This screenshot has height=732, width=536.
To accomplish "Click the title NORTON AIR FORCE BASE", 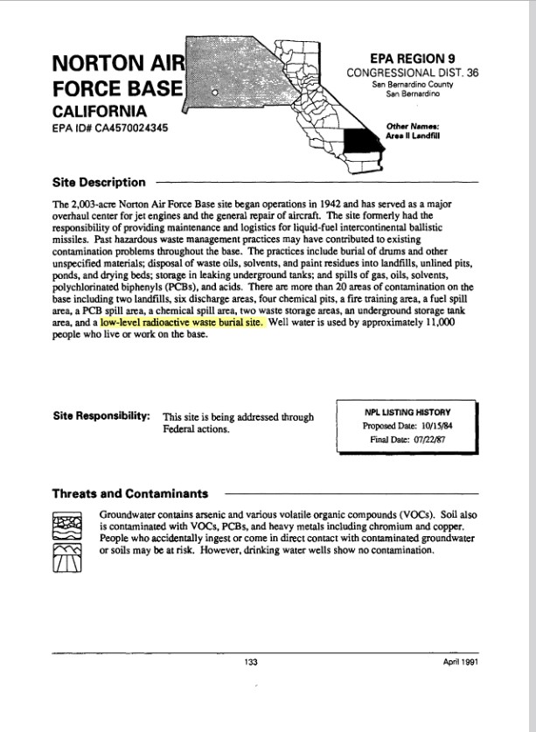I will pos(118,76).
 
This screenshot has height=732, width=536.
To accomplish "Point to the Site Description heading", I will pos(99,183).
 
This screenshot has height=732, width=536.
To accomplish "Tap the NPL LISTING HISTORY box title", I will pos(407,410).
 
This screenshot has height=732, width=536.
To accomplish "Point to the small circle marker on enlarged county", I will pos(215,91).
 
